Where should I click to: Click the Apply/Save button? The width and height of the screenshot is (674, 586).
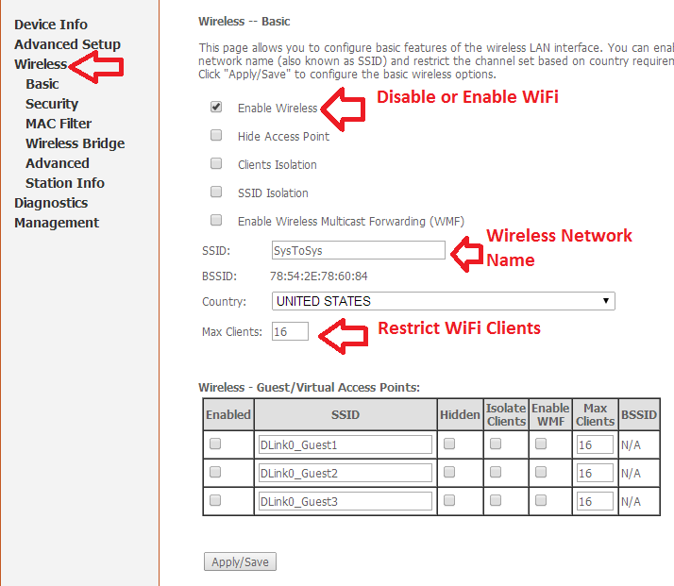(240, 561)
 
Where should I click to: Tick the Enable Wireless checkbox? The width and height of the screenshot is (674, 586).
(216, 107)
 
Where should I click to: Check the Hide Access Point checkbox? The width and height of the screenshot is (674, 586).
(216, 135)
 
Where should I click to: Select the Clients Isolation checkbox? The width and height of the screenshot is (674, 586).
(216, 163)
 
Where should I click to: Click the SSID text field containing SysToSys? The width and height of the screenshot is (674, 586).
(359, 250)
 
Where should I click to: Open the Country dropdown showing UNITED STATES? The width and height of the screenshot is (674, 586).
(443, 301)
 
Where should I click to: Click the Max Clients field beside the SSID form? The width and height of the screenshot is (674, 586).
(290, 331)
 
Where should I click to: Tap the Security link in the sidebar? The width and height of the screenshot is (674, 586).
(52, 104)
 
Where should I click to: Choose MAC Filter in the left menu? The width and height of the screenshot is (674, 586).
(59, 124)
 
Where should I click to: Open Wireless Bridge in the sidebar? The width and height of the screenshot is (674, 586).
(76, 143)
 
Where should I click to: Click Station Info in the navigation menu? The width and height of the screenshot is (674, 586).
(65, 183)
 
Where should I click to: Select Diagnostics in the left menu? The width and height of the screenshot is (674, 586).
(51, 203)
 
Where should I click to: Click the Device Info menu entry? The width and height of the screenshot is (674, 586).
(51, 25)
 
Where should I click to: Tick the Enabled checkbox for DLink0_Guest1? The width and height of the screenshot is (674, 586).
(215, 444)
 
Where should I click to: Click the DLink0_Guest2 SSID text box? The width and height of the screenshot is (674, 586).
(345, 473)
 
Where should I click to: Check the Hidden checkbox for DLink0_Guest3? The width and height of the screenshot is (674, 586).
(449, 500)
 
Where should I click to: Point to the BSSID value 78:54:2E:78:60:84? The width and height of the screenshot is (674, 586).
(318, 276)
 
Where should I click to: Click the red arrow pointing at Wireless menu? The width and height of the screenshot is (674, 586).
(96, 67)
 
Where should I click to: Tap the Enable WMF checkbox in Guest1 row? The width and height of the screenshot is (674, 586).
(541, 444)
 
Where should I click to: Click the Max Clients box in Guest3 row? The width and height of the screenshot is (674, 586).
(595, 501)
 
